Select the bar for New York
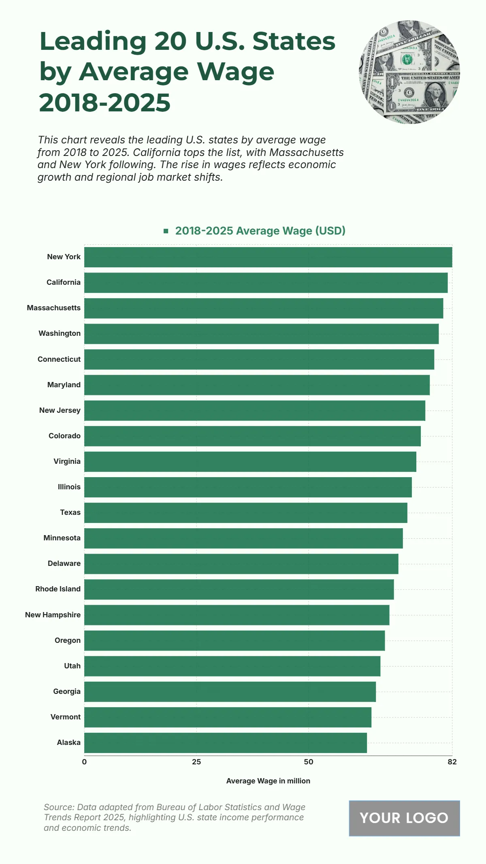point(268,257)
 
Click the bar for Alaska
point(225,742)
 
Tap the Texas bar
point(245,513)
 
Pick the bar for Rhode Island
point(239,589)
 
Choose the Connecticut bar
point(259,359)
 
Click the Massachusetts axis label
point(54,308)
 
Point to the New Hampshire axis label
point(53,615)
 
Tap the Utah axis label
point(72,666)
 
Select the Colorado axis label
point(64,436)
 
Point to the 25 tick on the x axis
point(196,762)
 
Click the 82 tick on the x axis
point(452,762)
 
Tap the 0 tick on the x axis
point(84,762)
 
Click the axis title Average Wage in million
point(268,781)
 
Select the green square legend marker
point(166,231)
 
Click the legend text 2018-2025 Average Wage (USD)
point(260,231)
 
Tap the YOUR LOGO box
point(404,818)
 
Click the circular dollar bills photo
point(409,72)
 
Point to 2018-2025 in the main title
point(105,102)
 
